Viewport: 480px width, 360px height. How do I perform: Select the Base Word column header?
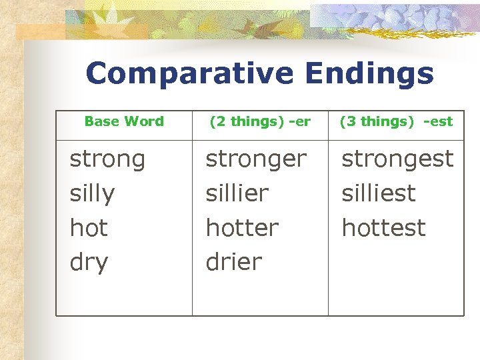124,121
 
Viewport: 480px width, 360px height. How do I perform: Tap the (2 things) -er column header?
260,121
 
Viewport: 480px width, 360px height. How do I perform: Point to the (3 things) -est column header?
396,121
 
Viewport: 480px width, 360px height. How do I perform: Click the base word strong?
107,160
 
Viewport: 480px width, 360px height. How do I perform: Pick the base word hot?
89,228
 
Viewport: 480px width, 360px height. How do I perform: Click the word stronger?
256,160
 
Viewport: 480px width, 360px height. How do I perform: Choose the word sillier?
237,193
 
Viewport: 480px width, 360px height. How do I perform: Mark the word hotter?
242,228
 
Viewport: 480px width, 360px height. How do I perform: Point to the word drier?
234,262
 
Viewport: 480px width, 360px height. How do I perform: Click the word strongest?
397,159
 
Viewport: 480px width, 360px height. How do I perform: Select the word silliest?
379,193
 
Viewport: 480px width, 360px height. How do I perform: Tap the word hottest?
383,228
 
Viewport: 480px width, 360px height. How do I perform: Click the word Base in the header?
102,121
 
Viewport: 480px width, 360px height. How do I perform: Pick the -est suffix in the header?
438,121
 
